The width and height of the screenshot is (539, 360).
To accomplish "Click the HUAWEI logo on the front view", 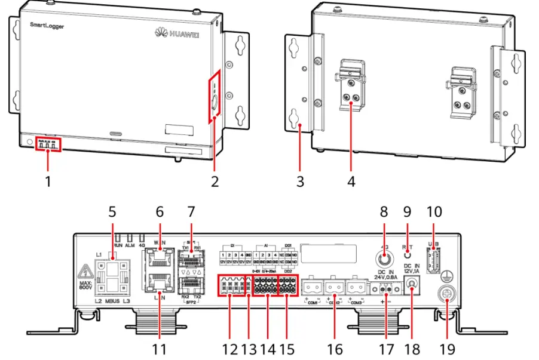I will point(179,31).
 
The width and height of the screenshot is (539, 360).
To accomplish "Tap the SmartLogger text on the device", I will point(48,26).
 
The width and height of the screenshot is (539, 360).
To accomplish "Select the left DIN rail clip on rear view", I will point(350,88).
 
